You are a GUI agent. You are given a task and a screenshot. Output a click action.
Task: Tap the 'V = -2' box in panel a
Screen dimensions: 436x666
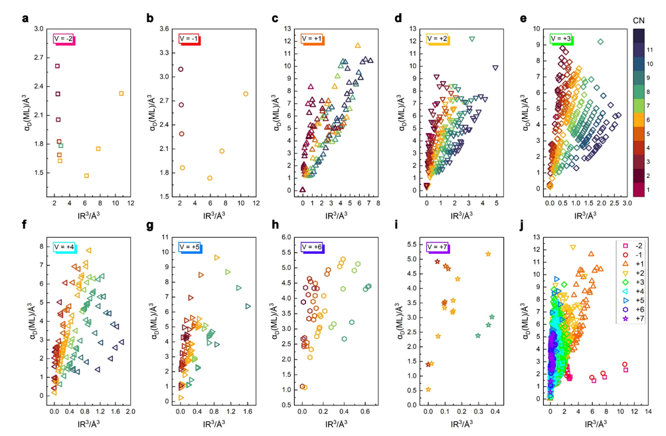[x=64, y=39]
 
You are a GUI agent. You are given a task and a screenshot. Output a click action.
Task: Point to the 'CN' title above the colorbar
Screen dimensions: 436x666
[x=639, y=21]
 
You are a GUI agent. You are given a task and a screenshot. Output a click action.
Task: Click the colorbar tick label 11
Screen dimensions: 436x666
[x=649, y=50]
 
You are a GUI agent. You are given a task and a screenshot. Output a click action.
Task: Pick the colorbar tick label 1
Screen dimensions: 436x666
[x=649, y=189]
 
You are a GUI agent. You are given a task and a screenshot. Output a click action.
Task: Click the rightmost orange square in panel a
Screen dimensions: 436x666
[x=122, y=93]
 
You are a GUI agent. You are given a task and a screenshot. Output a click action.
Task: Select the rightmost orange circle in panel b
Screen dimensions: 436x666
[x=246, y=94]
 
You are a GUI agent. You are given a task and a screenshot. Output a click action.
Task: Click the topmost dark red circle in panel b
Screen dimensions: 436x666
[x=181, y=69]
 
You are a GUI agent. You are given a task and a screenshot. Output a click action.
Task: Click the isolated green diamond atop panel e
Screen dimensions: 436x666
[x=600, y=42]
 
